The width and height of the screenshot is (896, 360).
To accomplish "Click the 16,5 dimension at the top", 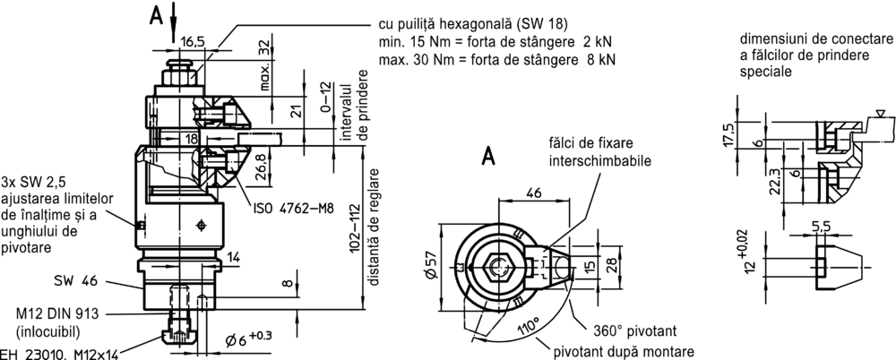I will tap(192, 41).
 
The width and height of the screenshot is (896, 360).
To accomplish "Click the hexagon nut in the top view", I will tap(497, 267).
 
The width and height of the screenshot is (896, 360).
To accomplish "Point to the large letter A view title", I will tap(489, 156).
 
